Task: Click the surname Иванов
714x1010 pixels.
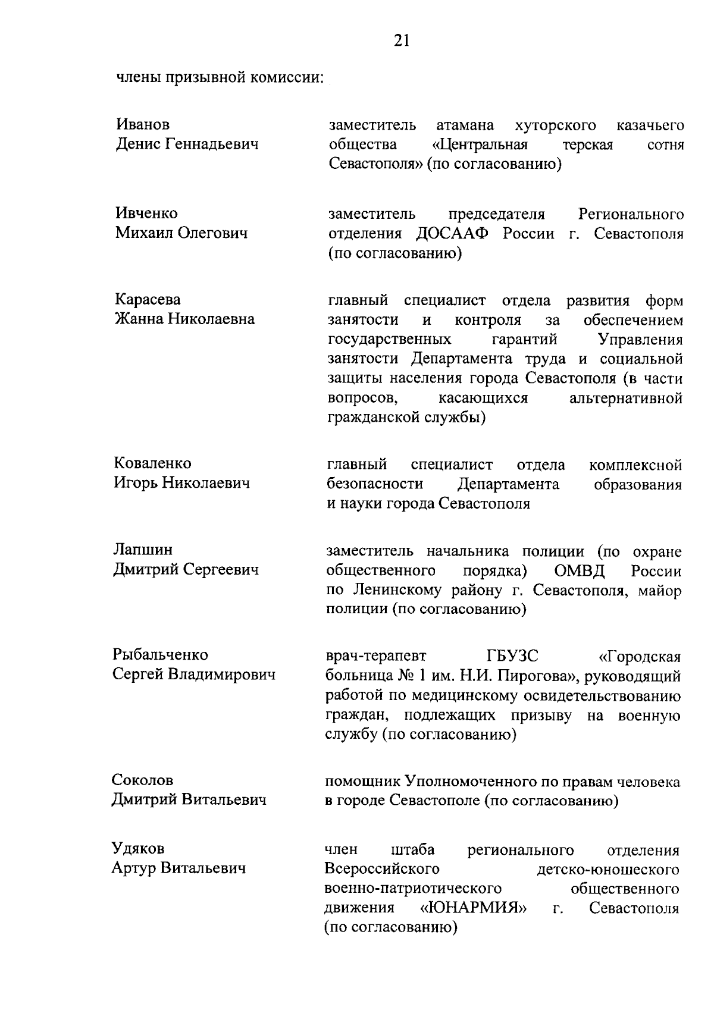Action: coord(142,124)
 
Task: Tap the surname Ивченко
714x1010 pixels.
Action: coord(146,213)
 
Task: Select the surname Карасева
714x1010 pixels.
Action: coord(148,299)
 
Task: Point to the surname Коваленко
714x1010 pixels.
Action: coord(152,463)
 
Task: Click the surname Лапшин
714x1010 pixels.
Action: coord(143,550)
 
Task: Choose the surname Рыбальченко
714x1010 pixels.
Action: coord(161,654)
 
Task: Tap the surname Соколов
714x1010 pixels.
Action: coord(143,780)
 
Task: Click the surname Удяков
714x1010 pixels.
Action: coord(138,848)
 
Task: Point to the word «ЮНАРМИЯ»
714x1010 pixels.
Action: coord(474,908)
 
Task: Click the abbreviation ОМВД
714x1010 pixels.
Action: coord(580,572)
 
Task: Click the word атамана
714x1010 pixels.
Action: coord(465,126)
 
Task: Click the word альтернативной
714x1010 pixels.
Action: coord(625,398)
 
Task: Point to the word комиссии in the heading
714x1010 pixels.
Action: coord(286,78)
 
